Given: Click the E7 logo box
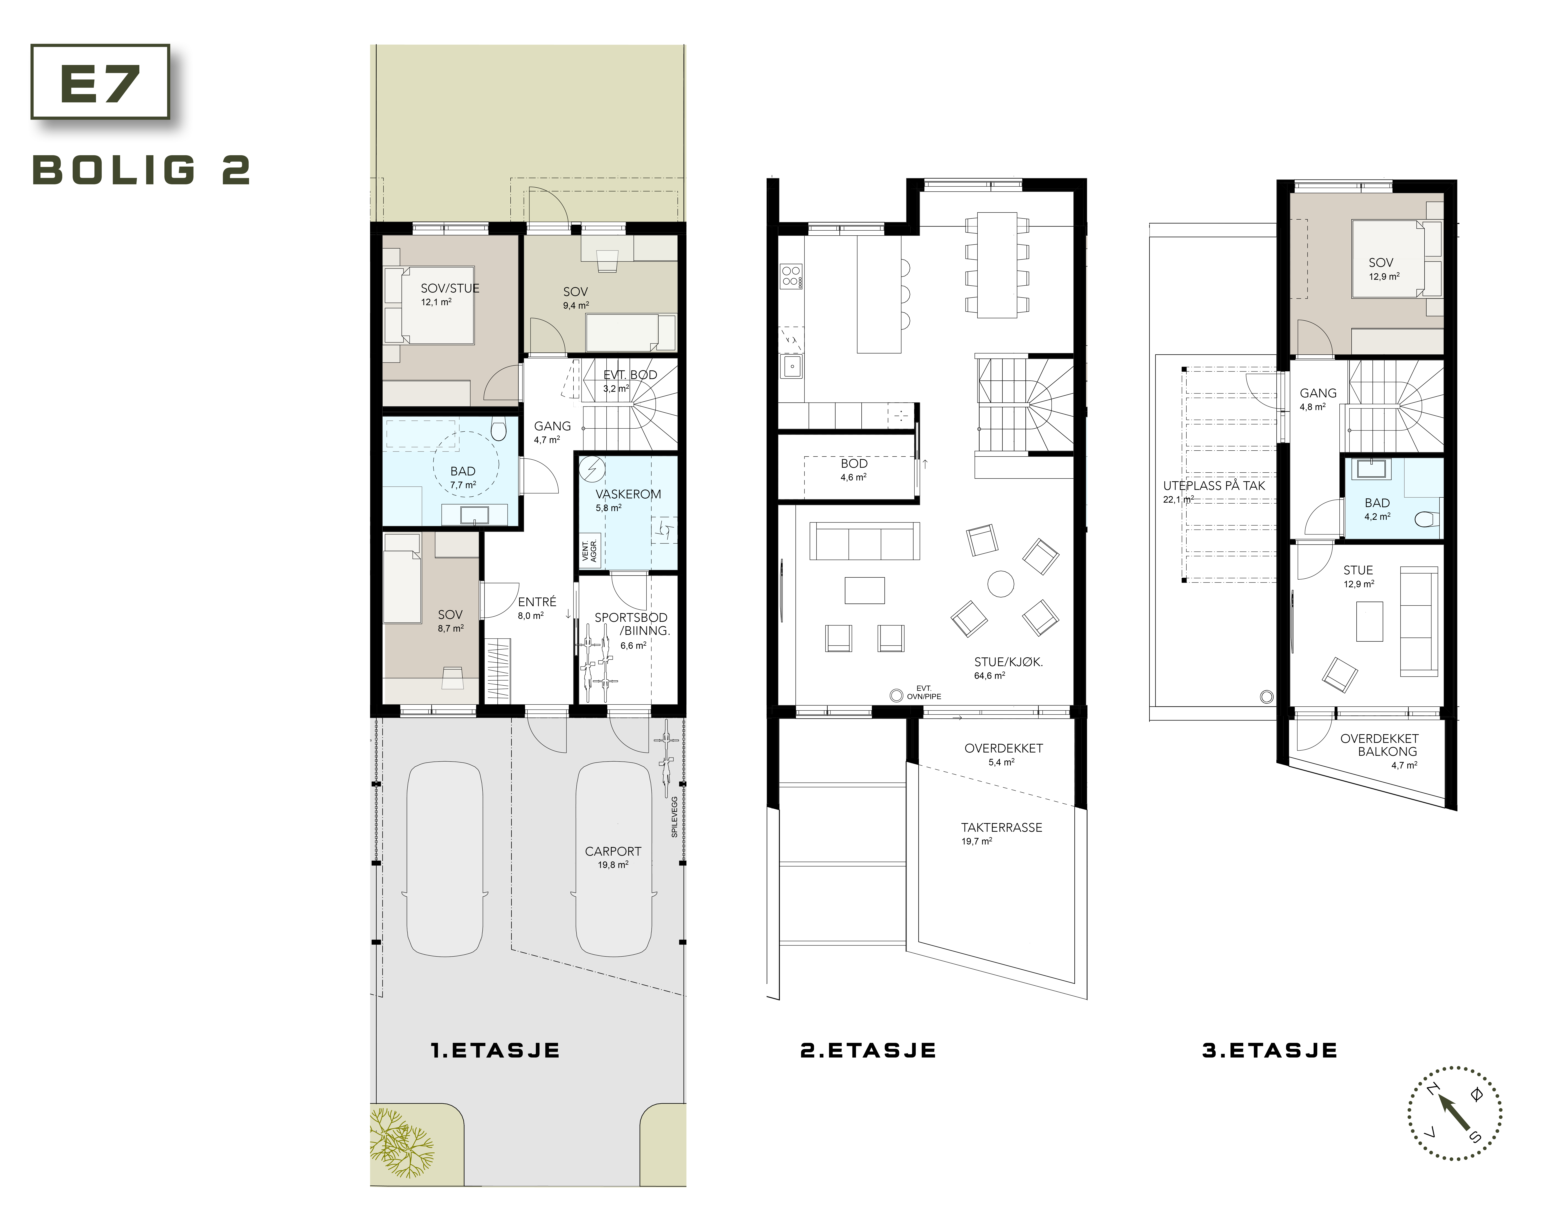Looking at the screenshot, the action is pos(100,82).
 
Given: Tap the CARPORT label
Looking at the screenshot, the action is pos(613,851).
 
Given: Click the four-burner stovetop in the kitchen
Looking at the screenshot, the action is pos(791,276).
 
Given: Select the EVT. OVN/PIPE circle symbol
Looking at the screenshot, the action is pos(896,696).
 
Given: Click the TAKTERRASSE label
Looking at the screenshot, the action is pos(1001,827).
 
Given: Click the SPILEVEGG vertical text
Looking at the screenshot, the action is pos(674,817).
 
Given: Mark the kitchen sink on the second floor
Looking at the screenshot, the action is pos(791,367).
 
